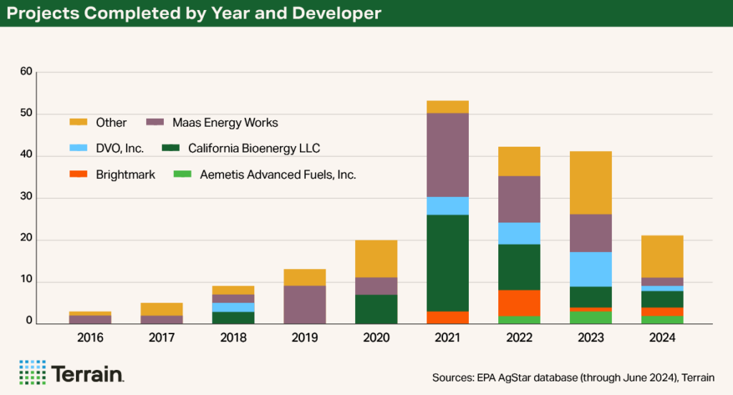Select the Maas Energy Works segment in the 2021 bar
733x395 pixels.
pyautogui.click(x=447, y=155)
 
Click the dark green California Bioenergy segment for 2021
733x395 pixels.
pyautogui.click(x=447, y=263)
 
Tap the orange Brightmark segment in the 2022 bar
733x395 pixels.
pyautogui.click(x=519, y=303)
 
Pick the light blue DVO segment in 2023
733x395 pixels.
pyautogui.click(x=591, y=269)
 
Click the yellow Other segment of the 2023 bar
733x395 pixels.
pyautogui.click(x=591, y=182)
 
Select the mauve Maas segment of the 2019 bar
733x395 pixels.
pyautogui.click(x=304, y=304)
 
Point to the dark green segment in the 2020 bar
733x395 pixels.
pyautogui.click(x=376, y=309)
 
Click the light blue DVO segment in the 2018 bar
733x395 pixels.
pyautogui.click(x=233, y=307)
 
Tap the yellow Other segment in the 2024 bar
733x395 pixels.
pyautogui.click(x=662, y=256)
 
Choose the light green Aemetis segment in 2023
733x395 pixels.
pyautogui.click(x=591, y=317)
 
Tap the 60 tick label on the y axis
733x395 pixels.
pyautogui.click(x=26, y=72)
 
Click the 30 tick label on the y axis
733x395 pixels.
pyautogui.click(x=26, y=197)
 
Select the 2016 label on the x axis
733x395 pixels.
pyautogui.click(x=89, y=337)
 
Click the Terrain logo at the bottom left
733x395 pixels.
pyautogui.click(x=72, y=373)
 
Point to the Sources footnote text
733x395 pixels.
pyautogui.click(x=573, y=377)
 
